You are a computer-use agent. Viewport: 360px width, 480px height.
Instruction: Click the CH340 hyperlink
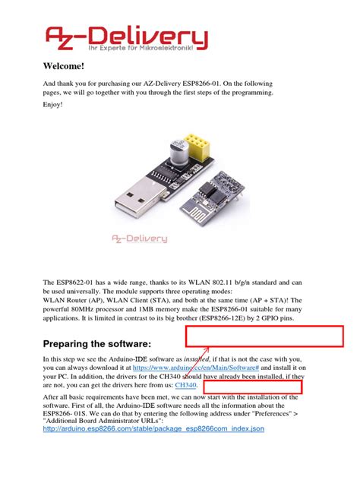[x=185, y=386]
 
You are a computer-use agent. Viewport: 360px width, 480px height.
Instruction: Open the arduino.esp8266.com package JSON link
[x=153, y=429]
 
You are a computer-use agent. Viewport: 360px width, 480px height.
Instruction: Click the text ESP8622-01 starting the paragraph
[x=80, y=282]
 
